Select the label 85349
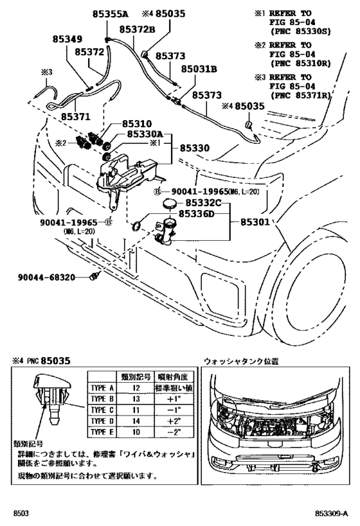click(66, 39)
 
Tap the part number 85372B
click(138, 29)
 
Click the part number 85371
click(76, 118)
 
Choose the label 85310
click(134, 123)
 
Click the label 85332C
click(200, 203)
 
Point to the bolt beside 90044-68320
click(96, 277)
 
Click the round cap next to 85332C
click(170, 204)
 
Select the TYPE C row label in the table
click(101, 409)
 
